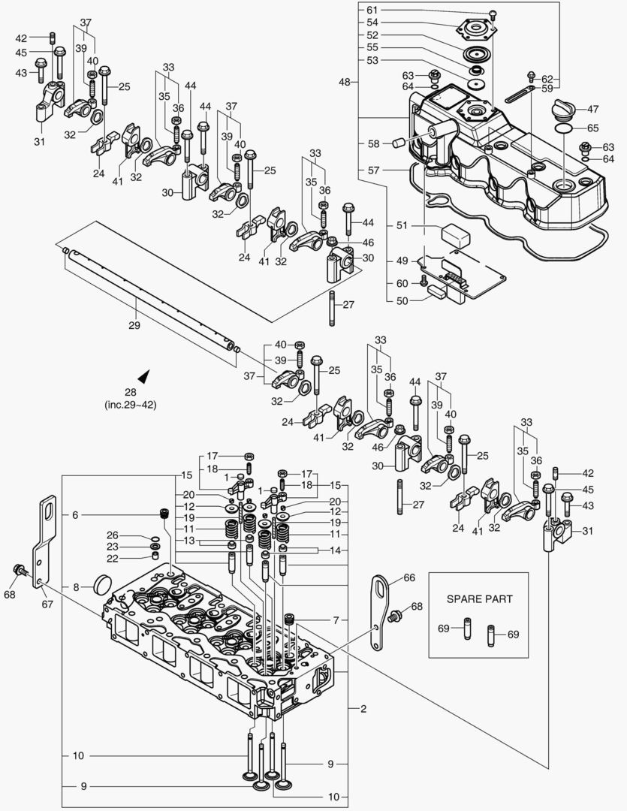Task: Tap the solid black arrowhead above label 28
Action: [143, 375]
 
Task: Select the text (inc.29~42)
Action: [131, 405]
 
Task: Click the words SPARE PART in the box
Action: [478, 599]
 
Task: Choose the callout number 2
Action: [363, 708]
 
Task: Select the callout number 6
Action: [75, 515]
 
